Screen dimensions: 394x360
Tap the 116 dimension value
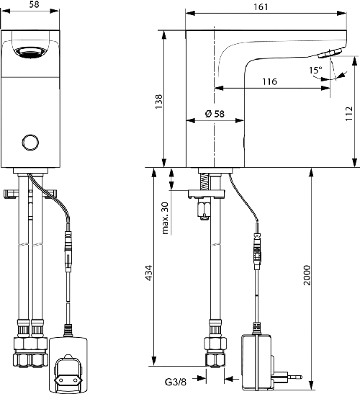(x=269, y=81)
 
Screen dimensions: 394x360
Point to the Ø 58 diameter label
(x=215, y=114)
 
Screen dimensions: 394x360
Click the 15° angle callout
(x=315, y=71)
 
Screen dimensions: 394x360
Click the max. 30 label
(x=165, y=217)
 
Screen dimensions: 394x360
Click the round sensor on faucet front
(x=31, y=142)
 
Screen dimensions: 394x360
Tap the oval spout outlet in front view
(x=30, y=52)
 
